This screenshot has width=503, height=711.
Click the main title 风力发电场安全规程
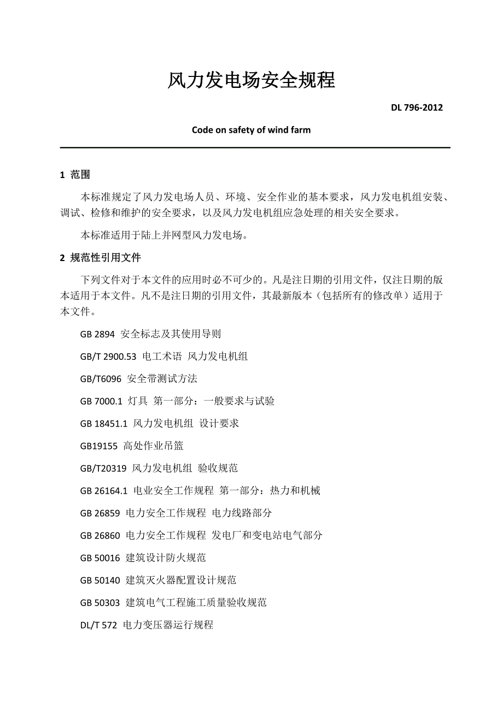[251, 81]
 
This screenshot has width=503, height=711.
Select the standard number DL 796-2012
[417, 108]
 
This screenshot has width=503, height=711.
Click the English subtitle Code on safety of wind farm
[251, 130]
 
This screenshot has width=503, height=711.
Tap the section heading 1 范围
[75, 175]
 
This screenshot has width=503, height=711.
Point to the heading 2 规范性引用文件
[101, 258]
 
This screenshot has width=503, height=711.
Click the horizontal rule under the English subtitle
[254, 147]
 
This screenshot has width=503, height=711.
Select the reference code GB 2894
[97, 334]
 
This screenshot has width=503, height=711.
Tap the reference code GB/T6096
[101, 378]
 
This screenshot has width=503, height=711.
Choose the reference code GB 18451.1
[103, 423]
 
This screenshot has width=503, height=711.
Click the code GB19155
[98, 446]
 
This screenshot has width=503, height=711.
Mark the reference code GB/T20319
[103, 468]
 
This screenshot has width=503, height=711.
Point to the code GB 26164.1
[103, 490]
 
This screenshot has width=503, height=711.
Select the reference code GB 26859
[100, 513]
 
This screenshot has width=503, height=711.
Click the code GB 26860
[100, 535]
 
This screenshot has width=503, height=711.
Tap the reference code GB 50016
[100, 558]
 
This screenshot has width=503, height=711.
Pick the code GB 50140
[100, 580]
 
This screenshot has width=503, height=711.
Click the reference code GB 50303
[100, 602]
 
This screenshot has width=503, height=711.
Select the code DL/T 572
[98, 625]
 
